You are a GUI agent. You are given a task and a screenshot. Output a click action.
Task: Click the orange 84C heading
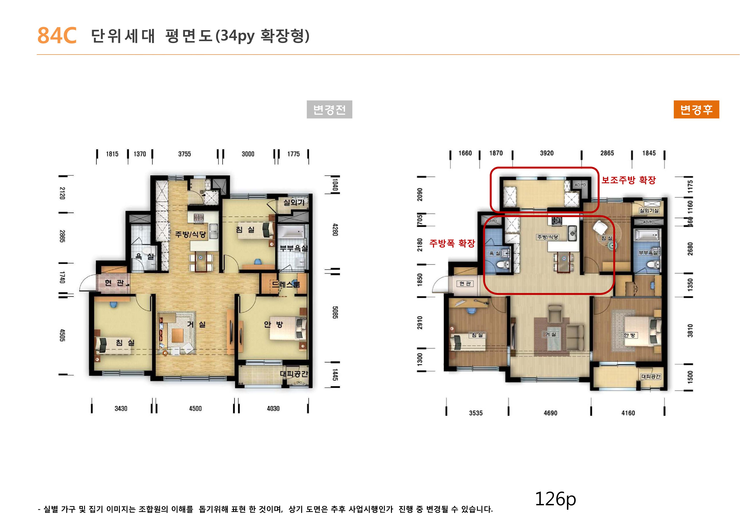tap(57, 35)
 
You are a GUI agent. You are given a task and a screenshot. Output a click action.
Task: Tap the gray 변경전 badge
tap(329, 110)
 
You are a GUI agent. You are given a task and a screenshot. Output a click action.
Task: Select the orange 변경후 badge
tap(696, 110)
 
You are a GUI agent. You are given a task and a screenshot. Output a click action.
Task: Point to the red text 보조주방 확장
tap(628, 180)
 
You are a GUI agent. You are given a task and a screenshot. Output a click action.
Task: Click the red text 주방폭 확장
tap(452, 243)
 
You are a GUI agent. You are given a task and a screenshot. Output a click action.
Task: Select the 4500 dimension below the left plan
tap(195, 409)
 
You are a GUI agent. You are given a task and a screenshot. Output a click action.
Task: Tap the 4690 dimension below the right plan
tap(550, 413)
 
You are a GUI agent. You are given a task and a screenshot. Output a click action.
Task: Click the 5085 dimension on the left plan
tap(335, 312)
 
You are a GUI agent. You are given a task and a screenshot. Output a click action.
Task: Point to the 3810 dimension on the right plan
tap(690, 331)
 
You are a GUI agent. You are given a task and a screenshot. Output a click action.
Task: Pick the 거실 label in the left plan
tap(196, 324)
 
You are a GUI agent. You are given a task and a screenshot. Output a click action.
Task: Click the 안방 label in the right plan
tap(629, 335)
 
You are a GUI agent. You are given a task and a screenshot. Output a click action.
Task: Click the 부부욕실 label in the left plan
tap(293, 248)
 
